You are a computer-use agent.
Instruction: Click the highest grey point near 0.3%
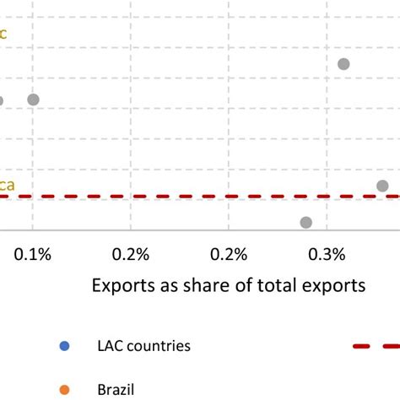[x=343, y=64]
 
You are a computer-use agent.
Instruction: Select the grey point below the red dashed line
[x=305, y=222]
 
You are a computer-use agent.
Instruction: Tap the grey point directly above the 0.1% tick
[x=33, y=100]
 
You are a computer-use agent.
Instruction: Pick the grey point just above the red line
[x=382, y=186]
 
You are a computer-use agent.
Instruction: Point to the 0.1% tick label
[x=34, y=254]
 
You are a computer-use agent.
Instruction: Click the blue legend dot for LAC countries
[x=65, y=346]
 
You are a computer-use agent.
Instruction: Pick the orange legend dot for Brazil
[x=65, y=389]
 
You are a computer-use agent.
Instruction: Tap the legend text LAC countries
[x=144, y=346]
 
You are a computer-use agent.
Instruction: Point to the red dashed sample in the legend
[x=376, y=346]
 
